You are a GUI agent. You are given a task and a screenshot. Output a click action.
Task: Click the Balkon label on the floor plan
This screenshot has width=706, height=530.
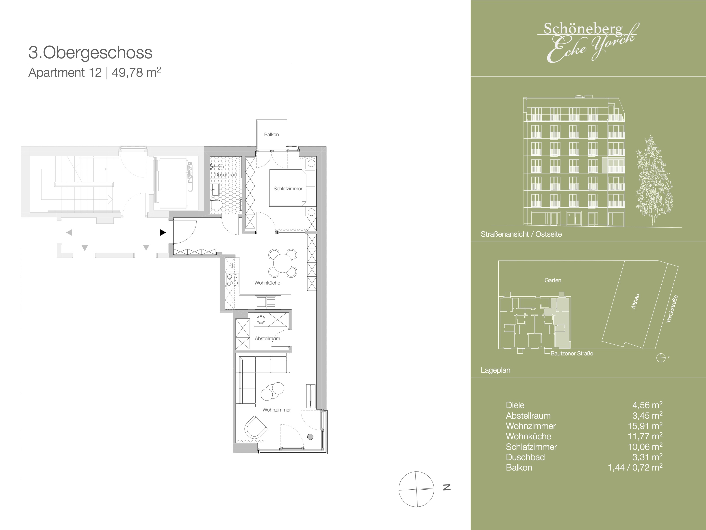point(271,134)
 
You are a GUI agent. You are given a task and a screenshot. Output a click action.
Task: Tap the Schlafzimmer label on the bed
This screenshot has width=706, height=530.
point(288,188)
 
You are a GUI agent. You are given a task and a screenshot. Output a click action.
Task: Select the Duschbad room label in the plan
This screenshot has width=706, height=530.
point(225,175)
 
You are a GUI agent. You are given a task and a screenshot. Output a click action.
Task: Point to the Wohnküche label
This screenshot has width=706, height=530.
point(267,283)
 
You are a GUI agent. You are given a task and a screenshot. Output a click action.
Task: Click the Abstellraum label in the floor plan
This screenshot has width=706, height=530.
point(267,338)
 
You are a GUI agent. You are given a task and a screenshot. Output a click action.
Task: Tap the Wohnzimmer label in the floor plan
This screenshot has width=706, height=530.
point(277,410)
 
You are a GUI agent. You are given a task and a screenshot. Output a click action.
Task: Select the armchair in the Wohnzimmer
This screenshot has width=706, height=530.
point(255,427)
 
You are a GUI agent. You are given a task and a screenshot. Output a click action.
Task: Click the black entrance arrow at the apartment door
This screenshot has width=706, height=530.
point(163,232)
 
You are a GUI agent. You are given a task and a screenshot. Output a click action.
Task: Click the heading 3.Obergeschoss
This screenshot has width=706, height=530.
point(90,53)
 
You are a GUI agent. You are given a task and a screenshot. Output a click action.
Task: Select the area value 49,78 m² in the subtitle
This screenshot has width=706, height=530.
point(136,73)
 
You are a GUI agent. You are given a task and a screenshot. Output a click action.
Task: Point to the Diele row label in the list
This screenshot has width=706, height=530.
point(515,405)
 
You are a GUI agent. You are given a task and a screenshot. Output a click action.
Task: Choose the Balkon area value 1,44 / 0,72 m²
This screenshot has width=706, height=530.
point(635,467)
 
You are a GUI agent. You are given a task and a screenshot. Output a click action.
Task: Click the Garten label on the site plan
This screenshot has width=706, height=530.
point(553,280)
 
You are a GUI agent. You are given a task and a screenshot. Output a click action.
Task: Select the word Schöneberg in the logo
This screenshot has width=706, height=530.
point(583,29)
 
